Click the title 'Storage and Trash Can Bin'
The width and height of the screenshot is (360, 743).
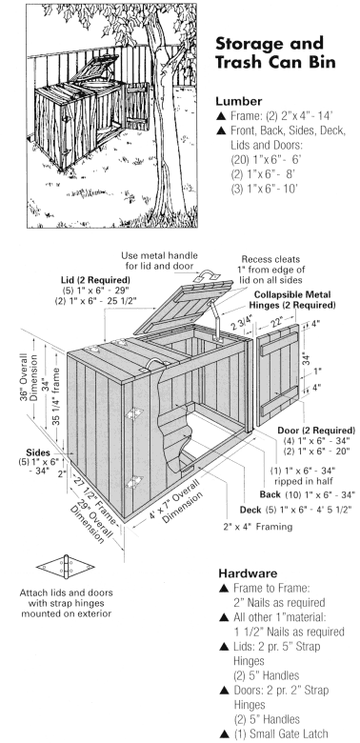pyautogui.click(x=275, y=52)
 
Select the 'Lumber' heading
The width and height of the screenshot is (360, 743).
pyautogui.click(x=239, y=101)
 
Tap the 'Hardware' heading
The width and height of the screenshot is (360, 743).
pyautogui.click(x=248, y=573)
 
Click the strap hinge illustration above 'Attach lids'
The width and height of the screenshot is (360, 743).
pyautogui.click(x=66, y=567)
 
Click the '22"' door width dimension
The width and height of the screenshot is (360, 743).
pyautogui.click(x=278, y=322)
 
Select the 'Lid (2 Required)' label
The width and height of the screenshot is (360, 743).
pyautogui.click(x=95, y=279)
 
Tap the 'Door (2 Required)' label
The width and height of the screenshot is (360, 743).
pyautogui.click(x=316, y=431)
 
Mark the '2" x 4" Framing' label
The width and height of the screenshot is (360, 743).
pyautogui.click(x=258, y=526)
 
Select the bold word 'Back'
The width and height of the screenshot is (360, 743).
pyautogui.click(x=270, y=494)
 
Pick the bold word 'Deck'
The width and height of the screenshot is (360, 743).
pyautogui.click(x=250, y=510)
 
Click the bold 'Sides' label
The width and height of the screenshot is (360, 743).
pyautogui.click(x=38, y=452)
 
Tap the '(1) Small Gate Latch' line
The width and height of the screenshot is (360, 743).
pyautogui.click(x=273, y=733)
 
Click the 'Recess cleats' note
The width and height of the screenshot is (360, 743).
pyautogui.click(x=270, y=259)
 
